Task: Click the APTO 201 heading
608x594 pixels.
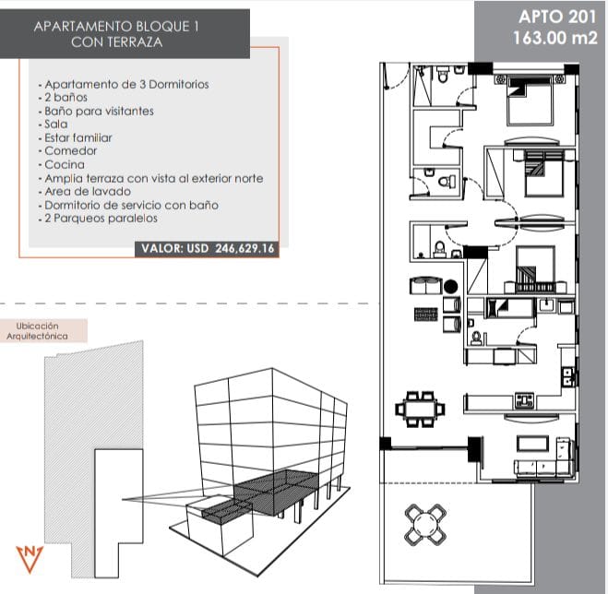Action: point(557,17)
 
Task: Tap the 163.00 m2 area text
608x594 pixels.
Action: point(554,38)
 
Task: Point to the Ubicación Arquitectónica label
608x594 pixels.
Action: point(37,331)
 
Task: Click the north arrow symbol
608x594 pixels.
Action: point(30,559)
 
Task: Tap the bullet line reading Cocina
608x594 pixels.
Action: point(61,165)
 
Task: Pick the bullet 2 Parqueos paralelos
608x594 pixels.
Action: point(98,219)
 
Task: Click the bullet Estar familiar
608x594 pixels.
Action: point(75,137)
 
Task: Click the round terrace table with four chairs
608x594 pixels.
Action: point(425,524)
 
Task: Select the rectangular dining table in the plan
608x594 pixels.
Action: point(420,409)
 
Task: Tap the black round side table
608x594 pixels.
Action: point(450,287)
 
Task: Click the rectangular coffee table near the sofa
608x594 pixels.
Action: point(532,443)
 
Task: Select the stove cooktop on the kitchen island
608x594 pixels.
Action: point(525,399)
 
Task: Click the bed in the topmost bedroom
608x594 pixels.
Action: point(530,101)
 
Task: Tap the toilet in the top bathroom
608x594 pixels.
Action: point(442,76)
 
